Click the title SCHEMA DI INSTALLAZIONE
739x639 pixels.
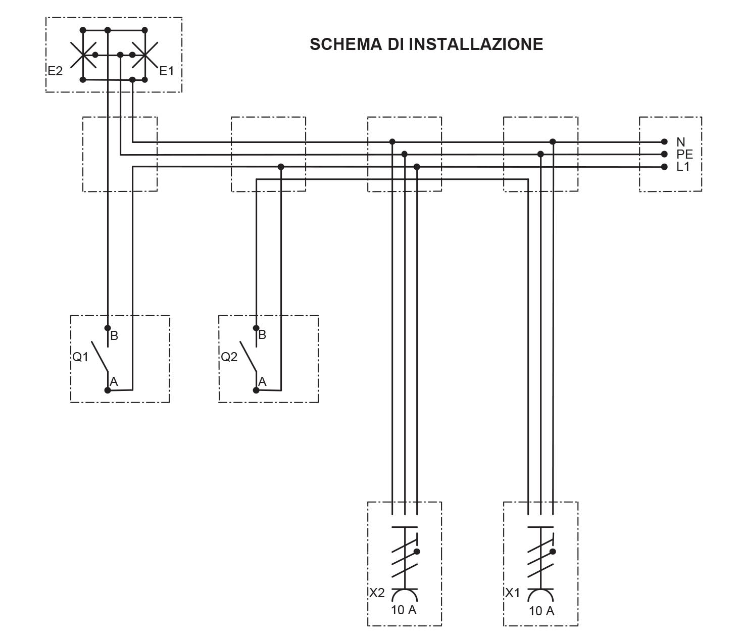pyautogui.click(x=426, y=44)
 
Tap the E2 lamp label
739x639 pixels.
pyautogui.click(x=55, y=71)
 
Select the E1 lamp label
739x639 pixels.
pyautogui.click(x=166, y=71)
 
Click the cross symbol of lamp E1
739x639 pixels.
pyautogui.click(x=145, y=55)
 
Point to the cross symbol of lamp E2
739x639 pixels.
pyautogui.click(x=83, y=55)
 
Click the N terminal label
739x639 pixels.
pyautogui.click(x=681, y=142)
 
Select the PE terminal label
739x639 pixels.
pyautogui.click(x=684, y=154)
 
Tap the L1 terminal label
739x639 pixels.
pyautogui.click(x=683, y=166)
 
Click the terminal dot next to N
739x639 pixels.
pyautogui.click(x=664, y=141)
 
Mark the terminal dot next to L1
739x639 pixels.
pyautogui.click(x=664, y=167)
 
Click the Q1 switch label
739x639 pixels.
pyautogui.click(x=80, y=357)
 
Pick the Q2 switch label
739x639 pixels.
pyautogui.click(x=229, y=357)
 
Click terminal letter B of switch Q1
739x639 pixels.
pyautogui.click(x=114, y=335)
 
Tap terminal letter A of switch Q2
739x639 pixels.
pyautogui.click(x=263, y=381)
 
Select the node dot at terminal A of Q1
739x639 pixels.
pyautogui.click(x=108, y=390)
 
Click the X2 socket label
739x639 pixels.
pyautogui.click(x=377, y=593)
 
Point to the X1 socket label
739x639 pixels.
pyautogui.click(x=512, y=593)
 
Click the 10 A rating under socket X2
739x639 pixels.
pyautogui.click(x=404, y=610)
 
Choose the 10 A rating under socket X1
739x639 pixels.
pyautogui.click(x=541, y=611)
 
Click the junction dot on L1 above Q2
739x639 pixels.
pyautogui.click(x=281, y=167)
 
